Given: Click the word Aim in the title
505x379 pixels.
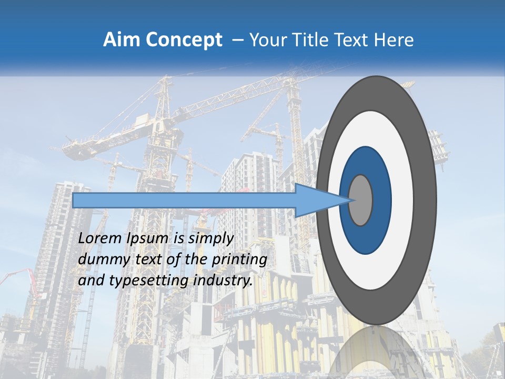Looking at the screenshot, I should click(120, 40).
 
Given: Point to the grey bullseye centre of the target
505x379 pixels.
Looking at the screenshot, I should click(361, 200).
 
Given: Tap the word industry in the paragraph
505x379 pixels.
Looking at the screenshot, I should click(223, 281).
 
